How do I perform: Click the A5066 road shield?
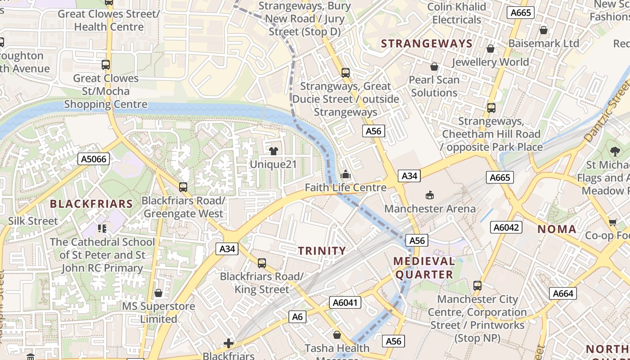pos(94,159)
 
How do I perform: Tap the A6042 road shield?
pos(506,227)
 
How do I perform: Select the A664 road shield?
pos(562,294)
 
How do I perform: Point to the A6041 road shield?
pos(345,302)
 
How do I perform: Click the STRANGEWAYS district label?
pos(427,44)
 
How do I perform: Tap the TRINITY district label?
pos(322,251)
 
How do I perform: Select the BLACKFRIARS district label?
pos(91,204)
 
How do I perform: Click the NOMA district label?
pos(557,229)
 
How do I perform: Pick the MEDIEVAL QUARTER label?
pos(423,268)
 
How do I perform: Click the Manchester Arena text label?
pos(430,209)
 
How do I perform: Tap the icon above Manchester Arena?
pos(430,195)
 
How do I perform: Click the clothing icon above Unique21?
pos(273,151)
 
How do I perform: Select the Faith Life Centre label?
pos(346,188)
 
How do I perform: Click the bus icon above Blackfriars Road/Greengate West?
pos(183,187)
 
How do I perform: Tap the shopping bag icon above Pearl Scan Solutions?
pos(434,67)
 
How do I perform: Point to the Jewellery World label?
pos(490,62)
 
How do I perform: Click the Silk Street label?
pos(33,221)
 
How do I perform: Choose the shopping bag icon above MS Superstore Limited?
pos(158,293)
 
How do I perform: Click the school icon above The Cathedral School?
pos(102,229)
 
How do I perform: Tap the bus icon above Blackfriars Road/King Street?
pos(262,263)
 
